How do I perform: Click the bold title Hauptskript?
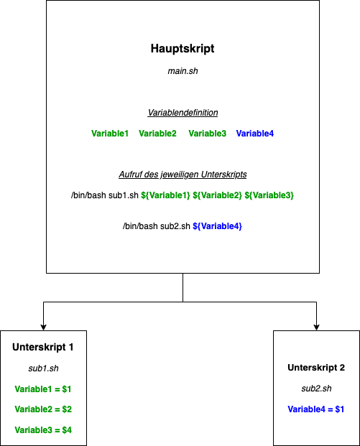(x=183, y=49)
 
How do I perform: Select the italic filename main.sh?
(x=183, y=71)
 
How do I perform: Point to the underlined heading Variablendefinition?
(x=183, y=113)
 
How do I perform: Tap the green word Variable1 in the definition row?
(x=110, y=134)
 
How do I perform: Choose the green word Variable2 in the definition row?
(x=157, y=134)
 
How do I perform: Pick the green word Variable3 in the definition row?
(x=208, y=134)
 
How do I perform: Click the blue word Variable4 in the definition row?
(x=255, y=134)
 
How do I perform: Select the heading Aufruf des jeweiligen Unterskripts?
(x=183, y=175)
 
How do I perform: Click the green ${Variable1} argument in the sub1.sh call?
(x=165, y=195)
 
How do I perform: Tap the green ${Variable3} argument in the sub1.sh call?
(x=269, y=195)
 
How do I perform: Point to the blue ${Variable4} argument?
(x=217, y=226)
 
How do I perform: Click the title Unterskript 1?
(x=43, y=348)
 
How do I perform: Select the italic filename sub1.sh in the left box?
(x=43, y=368)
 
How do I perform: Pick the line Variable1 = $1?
(x=43, y=389)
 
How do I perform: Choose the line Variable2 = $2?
(x=43, y=409)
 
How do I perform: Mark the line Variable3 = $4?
(x=43, y=430)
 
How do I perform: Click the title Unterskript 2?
(x=316, y=368)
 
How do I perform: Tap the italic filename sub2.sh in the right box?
(x=316, y=389)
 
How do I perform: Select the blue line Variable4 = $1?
(x=316, y=409)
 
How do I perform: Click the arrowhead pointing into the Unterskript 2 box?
(x=316, y=326)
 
